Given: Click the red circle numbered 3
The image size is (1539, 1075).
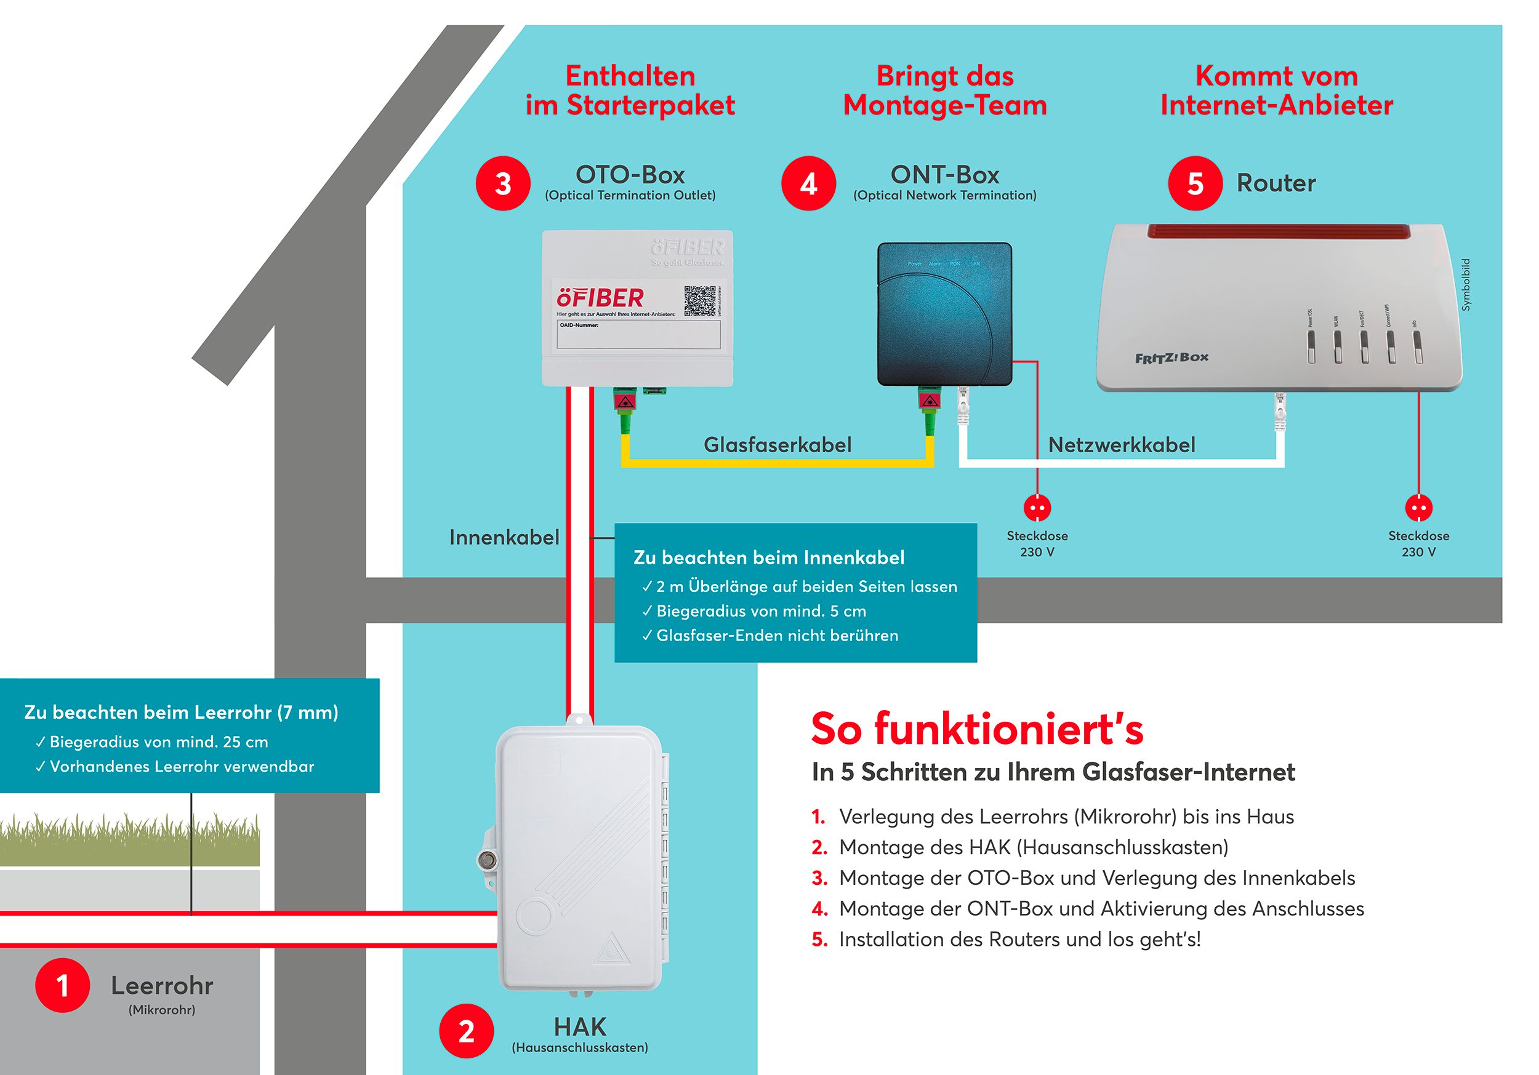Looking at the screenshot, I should click(503, 183).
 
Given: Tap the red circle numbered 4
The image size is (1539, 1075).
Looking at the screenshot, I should click(808, 183).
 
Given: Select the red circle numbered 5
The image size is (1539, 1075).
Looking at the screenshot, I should click(1195, 183).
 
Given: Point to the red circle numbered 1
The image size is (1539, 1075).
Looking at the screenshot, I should click(62, 985).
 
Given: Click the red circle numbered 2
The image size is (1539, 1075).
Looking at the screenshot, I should click(467, 1031).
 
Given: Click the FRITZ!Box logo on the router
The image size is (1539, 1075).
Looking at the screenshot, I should click(1171, 358).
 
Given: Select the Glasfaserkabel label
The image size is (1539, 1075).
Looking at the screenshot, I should click(778, 445).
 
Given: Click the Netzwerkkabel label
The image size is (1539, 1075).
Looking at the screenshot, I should click(1122, 445).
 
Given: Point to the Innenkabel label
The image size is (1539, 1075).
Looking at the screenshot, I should click(504, 538).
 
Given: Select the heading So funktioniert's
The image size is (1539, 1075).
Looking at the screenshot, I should click(976, 729).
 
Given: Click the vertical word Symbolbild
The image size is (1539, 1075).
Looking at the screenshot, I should click(1466, 285).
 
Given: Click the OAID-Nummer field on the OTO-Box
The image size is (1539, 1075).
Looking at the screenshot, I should click(638, 334).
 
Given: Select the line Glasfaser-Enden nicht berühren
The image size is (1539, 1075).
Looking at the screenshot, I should click(776, 636).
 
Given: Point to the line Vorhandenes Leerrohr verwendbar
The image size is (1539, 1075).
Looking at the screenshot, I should click(181, 767).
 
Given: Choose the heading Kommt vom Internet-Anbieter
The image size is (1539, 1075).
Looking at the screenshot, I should click(1276, 90).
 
